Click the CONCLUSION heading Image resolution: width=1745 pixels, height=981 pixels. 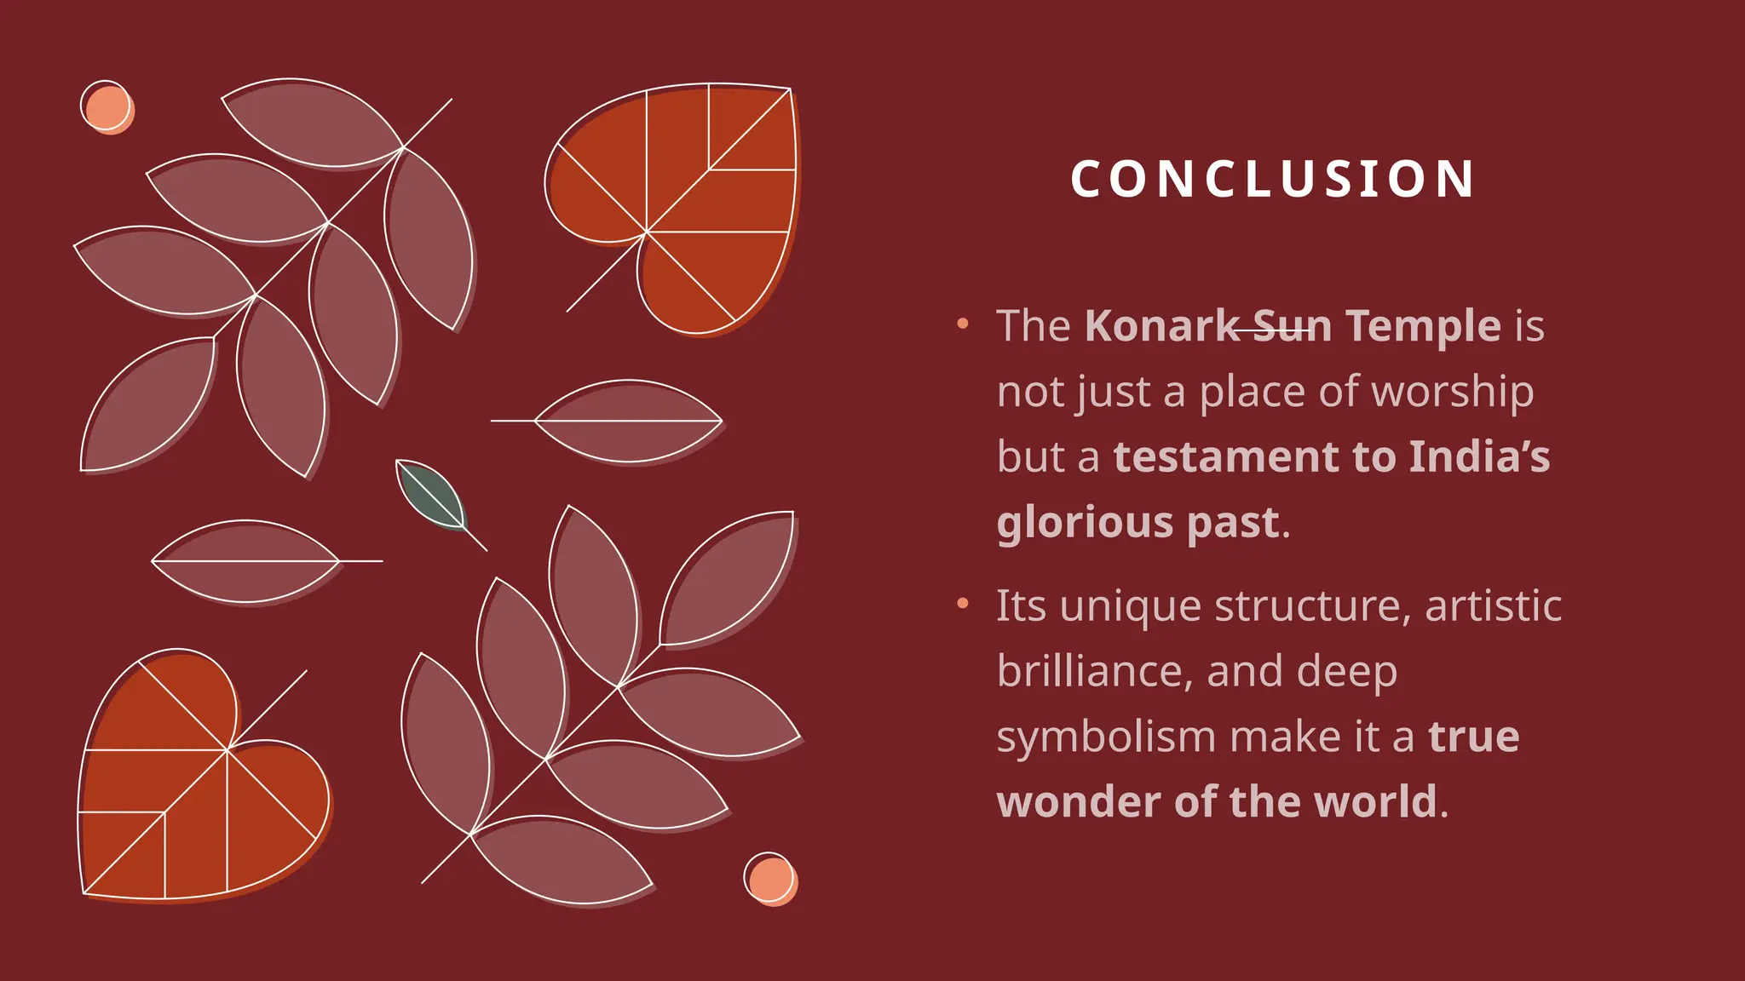[1272, 179]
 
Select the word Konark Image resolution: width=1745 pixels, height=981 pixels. [1161, 326]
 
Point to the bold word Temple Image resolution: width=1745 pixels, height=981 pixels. [1423, 326]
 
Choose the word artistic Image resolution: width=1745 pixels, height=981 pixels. [1493, 606]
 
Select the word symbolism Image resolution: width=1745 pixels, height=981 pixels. [1106, 737]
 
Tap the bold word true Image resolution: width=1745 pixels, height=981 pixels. [1473, 737]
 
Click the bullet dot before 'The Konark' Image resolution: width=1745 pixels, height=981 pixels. [963, 324]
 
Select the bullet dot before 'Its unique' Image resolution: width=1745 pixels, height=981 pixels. [963, 604]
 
